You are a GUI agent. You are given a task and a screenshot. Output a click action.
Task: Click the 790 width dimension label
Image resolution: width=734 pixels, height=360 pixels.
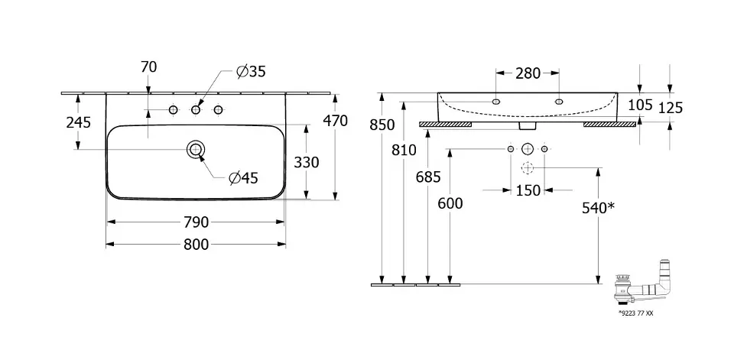pos(196,222)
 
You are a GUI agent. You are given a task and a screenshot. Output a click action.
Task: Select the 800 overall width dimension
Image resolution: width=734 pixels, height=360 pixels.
pos(196,245)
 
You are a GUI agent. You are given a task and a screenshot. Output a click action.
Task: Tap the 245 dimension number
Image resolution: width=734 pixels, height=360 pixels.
pos(79,122)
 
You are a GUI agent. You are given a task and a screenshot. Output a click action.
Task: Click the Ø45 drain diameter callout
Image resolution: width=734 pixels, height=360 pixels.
pos(243,178)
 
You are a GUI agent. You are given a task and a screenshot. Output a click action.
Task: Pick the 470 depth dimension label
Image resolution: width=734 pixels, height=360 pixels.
pos(335,121)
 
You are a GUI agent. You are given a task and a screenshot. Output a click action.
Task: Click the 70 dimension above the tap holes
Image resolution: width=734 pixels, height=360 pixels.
pos(148,67)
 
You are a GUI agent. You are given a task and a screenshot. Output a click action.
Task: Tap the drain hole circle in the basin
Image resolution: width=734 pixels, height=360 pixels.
pos(196,149)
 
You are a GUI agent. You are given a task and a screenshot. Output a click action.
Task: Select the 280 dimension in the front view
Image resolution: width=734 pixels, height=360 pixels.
pos(528,73)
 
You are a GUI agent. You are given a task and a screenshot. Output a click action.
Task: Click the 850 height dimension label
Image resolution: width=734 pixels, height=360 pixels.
pos(382,125)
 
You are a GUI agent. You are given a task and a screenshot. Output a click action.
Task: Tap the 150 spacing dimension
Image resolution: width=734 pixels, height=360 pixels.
pos(528,190)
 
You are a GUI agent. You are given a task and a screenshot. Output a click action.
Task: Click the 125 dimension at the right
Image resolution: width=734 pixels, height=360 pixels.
pos(670,108)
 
